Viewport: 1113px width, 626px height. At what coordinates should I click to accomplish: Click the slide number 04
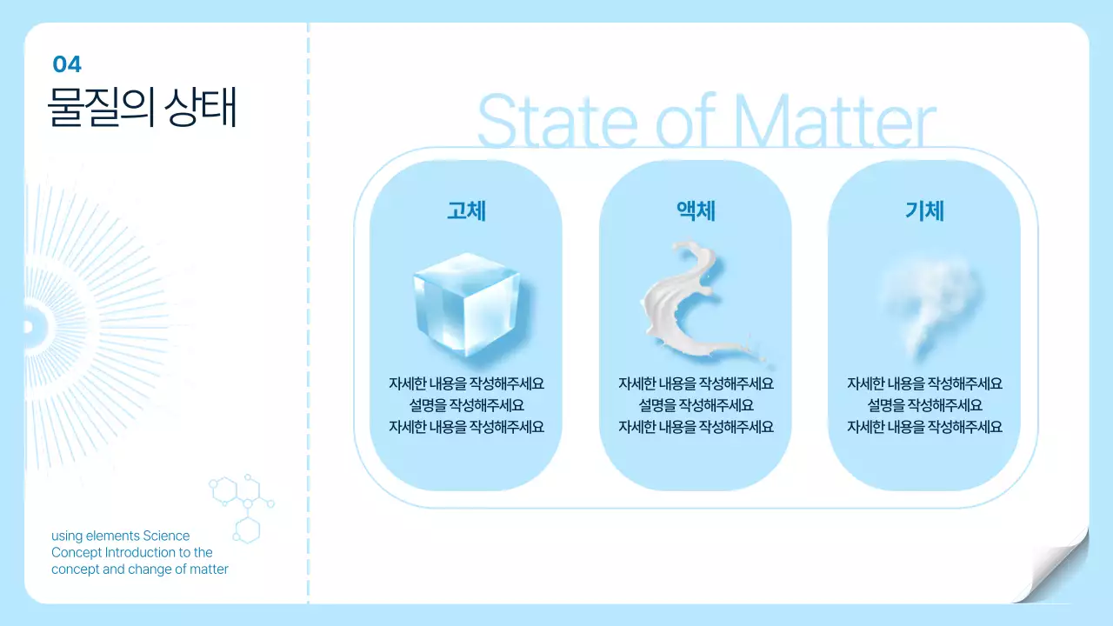67,64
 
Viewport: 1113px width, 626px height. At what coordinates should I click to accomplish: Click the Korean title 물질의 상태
142,107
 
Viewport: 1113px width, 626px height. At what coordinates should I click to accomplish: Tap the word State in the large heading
557,121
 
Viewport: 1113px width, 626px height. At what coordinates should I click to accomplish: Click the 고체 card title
466,210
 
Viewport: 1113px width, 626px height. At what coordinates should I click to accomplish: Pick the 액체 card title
696,210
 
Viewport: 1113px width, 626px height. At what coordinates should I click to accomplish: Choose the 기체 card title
924,210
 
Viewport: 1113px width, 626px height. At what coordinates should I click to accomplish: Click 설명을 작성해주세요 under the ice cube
466,405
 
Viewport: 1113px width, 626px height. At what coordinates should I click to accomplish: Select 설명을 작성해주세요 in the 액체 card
696,405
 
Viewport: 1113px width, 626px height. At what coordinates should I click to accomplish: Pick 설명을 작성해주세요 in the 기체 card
924,405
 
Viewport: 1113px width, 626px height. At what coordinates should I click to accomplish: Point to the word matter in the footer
209,569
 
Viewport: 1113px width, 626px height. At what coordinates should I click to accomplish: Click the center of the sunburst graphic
28,327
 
